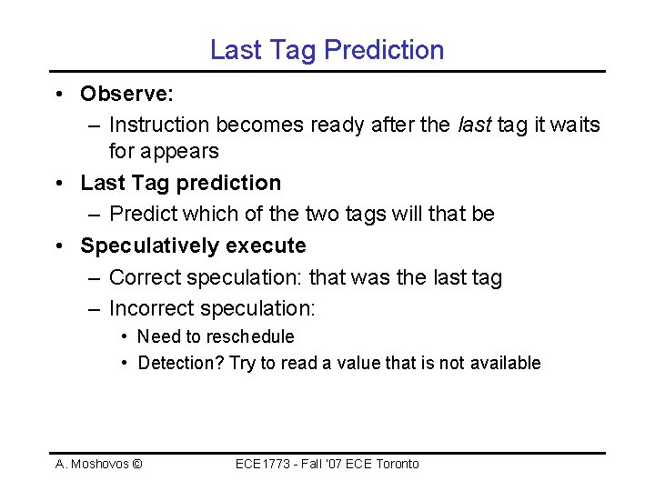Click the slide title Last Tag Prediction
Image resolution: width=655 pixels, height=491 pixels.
(x=327, y=49)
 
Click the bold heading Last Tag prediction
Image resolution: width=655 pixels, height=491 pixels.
(x=180, y=183)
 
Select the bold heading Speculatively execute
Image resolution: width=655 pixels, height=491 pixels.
(x=193, y=245)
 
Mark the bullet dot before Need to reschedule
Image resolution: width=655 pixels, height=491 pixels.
(x=124, y=337)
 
